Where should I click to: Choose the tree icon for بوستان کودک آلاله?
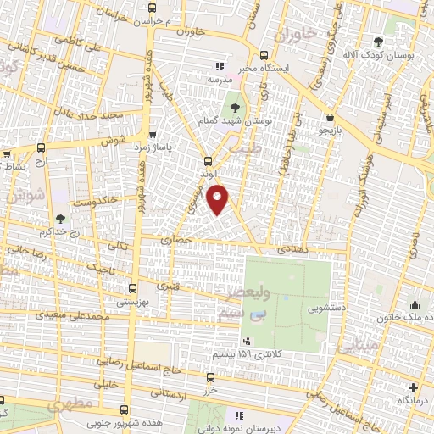point(391,40)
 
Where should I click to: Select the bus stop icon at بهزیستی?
point(131,288)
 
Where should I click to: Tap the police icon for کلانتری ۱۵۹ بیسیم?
point(247,340)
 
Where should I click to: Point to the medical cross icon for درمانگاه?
point(413,387)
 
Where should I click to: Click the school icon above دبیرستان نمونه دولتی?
point(239,415)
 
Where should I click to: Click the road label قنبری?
point(168,286)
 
